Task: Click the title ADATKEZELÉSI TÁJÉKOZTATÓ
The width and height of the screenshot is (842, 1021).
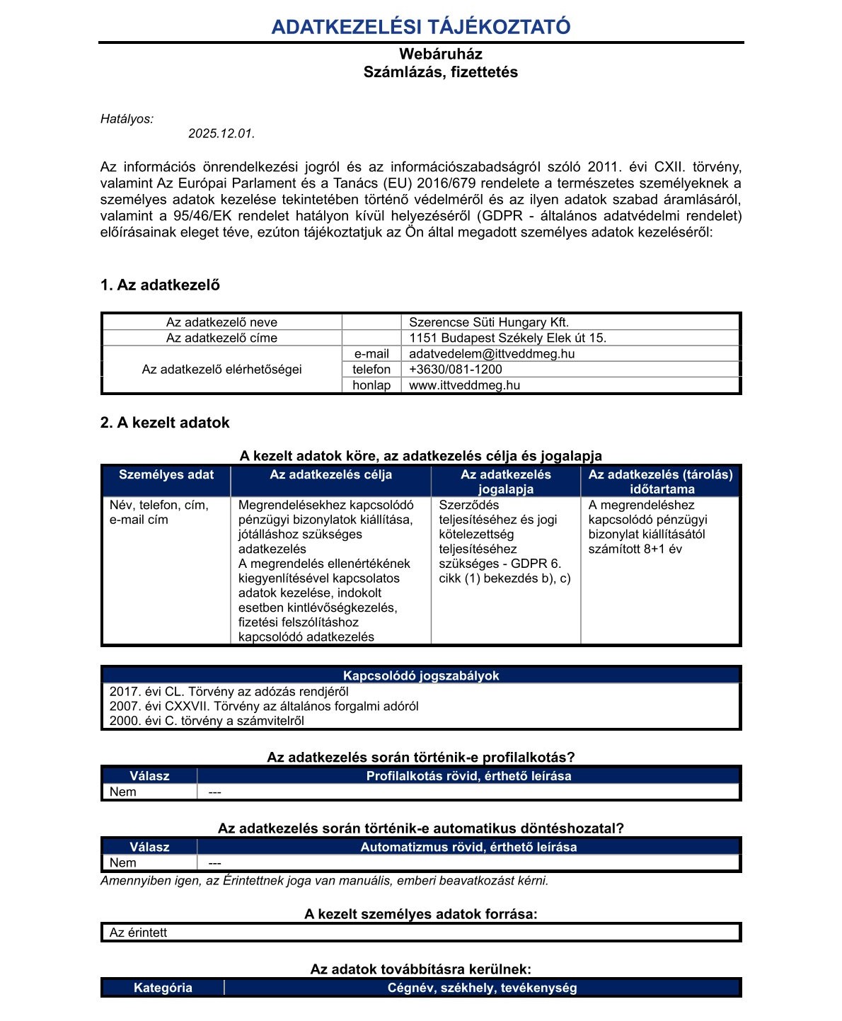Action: click(x=421, y=27)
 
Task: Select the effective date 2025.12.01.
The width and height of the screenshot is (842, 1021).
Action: click(x=221, y=133)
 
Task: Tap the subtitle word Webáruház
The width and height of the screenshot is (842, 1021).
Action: click(x=440, y=54)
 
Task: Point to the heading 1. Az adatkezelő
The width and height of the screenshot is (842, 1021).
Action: click(x=160, y=285)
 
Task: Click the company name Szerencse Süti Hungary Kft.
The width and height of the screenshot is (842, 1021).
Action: click(x=489, y=322)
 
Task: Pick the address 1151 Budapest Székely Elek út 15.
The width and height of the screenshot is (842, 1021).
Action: click(x=507, y=338)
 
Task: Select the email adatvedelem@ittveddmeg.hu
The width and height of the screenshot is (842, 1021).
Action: click(x=492, y=353)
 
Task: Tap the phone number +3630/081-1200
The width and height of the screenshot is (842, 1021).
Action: click(x=456, y=369)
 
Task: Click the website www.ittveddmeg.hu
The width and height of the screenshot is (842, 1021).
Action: click(x=464, y=385)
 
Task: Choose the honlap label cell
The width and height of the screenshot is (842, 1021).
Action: click(x=371, y=385)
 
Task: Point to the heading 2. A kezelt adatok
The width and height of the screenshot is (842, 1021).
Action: click(x=165, y=423)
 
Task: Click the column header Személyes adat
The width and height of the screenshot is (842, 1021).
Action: click(x=166, y=475)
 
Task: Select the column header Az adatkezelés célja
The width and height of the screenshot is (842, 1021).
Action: click(x=330, y=475)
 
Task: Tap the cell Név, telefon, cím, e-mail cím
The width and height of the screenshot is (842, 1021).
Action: click(x=159, y=512)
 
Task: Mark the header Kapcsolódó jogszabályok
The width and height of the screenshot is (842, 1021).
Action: click(x=421, y=675)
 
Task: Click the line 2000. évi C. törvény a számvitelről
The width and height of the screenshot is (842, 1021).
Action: click(x=207, y=721)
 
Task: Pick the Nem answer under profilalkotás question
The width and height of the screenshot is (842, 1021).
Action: click(x=123, y=792)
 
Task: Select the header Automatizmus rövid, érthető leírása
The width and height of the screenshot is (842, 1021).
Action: click(x=468, y=847)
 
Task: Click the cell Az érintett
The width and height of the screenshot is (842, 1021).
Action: click(x=139, y=932)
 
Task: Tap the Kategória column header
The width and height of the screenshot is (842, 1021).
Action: click(x=163, y=988)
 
